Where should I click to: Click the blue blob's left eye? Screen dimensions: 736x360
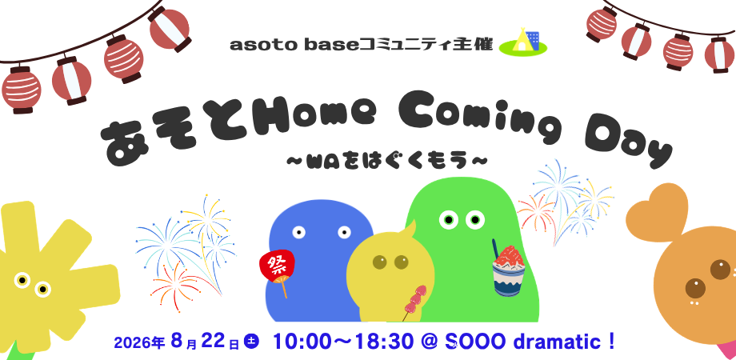[x=298, y=232]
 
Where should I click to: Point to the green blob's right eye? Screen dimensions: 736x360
[x=475, y=219]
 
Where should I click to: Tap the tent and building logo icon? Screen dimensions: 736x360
[x=523, y=42]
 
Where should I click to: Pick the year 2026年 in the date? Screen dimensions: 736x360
[x=139, y=342]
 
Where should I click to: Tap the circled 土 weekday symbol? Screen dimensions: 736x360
[x=251, y=342]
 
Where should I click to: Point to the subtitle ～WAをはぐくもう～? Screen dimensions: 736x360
[x=386, y=162]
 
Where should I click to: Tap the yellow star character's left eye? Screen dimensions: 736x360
[x=22, y=280]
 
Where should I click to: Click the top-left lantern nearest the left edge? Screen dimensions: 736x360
[x=21, y=90]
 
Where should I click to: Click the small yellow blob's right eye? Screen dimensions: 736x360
[x=401, y=262]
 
